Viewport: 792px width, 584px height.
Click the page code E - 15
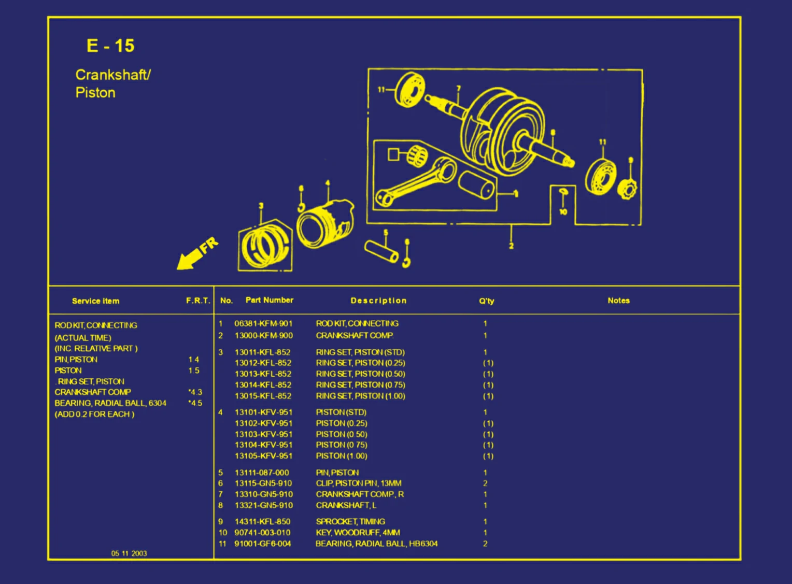pyautogui.click(x=110, y=46)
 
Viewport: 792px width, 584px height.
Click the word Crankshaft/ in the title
pyautogui.click(x=112, y=75)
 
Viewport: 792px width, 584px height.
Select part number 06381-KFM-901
pyautogui.click(x=263, y=323)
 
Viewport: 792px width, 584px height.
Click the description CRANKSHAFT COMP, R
pyautogui.click(x=360, y=494)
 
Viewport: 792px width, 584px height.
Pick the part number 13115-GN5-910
pyautogui.click(x=263, y=483)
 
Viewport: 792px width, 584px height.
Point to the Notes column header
pyautogui.click(x=618, y=301)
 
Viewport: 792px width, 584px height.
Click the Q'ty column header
pyautogui.click(x=486, y=301)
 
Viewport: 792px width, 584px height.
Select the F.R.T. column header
pyautogui.click(x=198, y=301)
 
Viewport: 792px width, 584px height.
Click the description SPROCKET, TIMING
pyautogui.click(x=350, y=521)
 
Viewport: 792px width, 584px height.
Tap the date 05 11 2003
pyautogui.click(x=129, y=553)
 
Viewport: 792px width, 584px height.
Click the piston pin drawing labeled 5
pyautogui.click(x=381, y=251)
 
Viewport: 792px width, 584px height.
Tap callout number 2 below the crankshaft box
pyautogui.click(x=511, y=246)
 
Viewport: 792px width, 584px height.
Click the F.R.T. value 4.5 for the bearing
pyautogui.click(x=195, y=403)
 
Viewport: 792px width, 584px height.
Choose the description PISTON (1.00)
pyautogui.click(x=341, y=456)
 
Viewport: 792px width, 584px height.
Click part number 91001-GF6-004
pyautogui.click(x=262, y=544)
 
